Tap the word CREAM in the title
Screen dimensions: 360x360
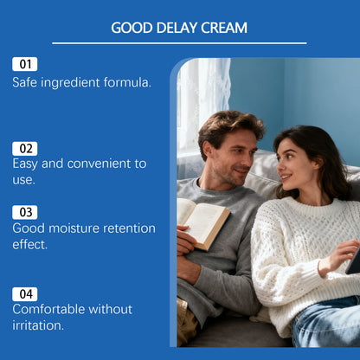pyautogui.click(x=223, y=28)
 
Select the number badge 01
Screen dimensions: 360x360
pyautogui.click(x=25, y=64)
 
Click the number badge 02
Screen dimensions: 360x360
pyautogui.click(x=25, y=148)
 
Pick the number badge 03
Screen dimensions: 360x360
pyautogui.click(x=25, y=212)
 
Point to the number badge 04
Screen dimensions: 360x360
pyautogui.click(x=25, y=293)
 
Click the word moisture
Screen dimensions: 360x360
pyautogui.click(x=75, y=228)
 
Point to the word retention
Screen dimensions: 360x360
pyautogui.click(x=130, y=228)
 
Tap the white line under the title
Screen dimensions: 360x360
pyautogui.click(x=179, y=43)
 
